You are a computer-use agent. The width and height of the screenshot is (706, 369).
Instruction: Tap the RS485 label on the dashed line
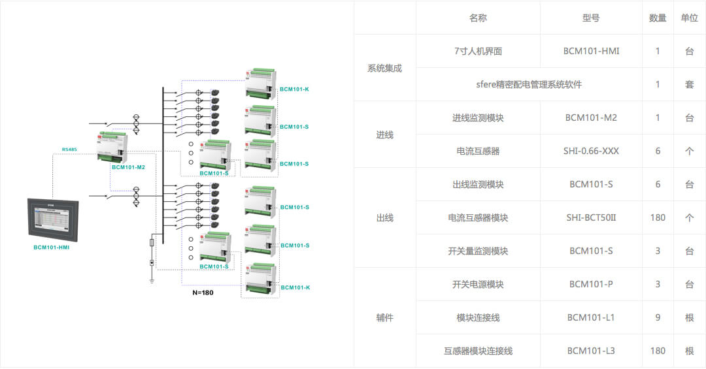69,150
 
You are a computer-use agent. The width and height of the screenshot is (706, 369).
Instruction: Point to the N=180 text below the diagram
203,293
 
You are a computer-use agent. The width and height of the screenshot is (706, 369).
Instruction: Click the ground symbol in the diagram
152,280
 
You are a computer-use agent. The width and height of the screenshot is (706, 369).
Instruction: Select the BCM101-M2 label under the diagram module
128,167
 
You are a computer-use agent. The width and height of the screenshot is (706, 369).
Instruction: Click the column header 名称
478,18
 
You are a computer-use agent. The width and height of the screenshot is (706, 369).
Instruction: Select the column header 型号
591,18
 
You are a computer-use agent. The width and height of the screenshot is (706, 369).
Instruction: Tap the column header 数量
658,18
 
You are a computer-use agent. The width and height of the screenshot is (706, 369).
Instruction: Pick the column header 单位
689,18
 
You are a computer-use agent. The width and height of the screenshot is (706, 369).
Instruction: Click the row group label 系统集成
384,68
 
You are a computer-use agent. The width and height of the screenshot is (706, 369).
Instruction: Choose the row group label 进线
384,135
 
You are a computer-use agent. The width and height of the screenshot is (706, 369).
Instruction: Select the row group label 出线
384,217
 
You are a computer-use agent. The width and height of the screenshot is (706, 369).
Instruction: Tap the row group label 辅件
384,317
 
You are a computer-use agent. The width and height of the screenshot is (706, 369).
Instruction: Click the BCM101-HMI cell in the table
591,51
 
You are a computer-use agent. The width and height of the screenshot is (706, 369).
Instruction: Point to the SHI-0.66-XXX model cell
591,151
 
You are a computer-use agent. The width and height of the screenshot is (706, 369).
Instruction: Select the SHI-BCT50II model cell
591,217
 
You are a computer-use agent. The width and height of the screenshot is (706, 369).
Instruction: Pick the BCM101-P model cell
591,284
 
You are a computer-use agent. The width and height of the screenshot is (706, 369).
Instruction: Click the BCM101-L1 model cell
591,317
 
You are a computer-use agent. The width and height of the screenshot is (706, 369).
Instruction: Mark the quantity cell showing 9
658,317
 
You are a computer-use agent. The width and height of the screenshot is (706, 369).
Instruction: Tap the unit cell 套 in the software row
689,84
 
